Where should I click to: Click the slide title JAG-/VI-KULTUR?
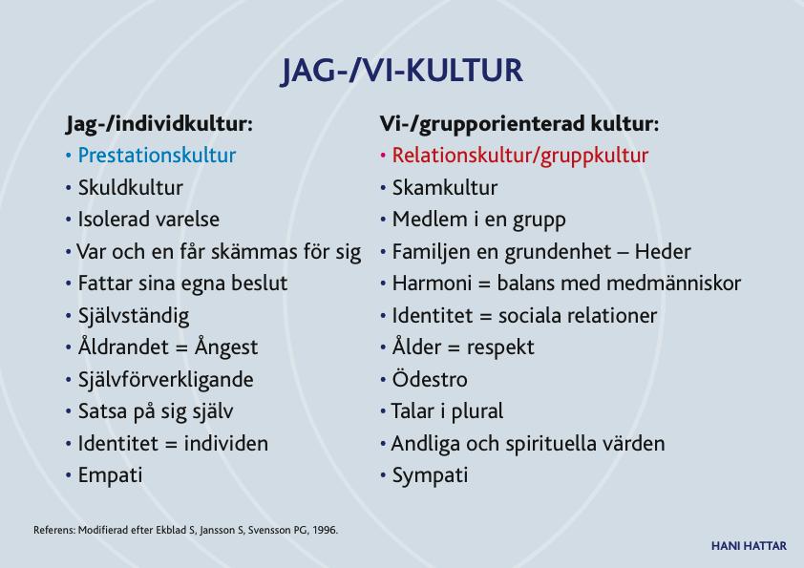402,71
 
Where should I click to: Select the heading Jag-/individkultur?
159,124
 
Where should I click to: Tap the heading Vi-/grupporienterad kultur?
518,124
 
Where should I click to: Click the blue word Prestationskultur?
157,156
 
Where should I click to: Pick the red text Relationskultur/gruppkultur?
520,156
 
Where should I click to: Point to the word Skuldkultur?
130,188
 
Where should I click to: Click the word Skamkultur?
445,188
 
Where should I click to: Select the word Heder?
663,252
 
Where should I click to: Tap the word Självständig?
134,316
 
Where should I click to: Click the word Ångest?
226,347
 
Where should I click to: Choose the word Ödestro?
430,379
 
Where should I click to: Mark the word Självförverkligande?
165,380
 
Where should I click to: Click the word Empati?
110,475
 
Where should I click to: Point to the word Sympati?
431,475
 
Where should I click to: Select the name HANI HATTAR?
749,546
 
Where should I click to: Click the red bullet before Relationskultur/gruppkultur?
383,156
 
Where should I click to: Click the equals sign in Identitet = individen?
171,445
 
